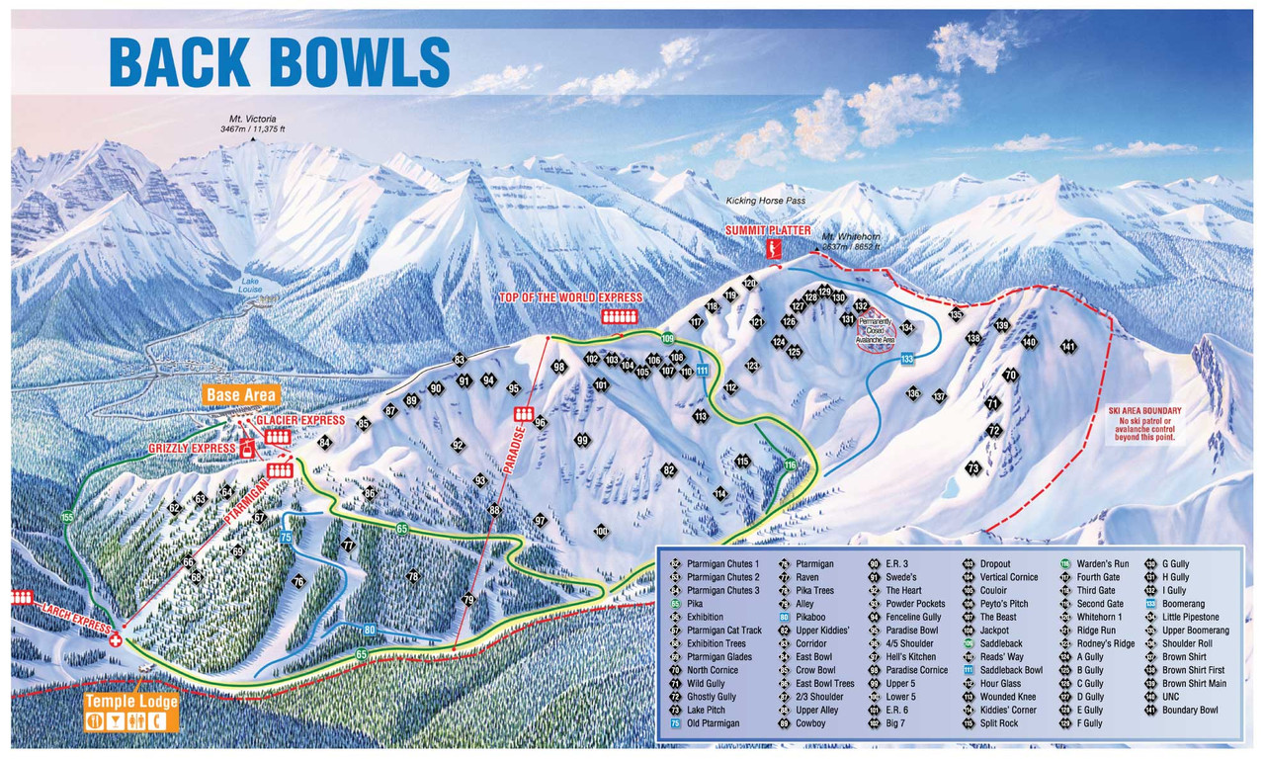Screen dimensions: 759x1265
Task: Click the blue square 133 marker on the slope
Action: pos(906,360)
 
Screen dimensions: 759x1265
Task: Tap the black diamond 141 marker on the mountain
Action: pos(1067,347)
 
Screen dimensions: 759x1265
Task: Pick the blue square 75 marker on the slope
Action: pos(286,537)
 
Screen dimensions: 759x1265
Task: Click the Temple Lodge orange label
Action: pos(130,702)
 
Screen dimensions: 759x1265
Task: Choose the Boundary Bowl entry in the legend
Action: pos(1189,710)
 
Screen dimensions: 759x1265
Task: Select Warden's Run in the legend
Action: pos(1102,564)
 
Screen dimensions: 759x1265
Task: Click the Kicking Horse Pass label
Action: pos(763,202)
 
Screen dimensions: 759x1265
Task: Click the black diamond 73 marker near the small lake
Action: pos(973,468)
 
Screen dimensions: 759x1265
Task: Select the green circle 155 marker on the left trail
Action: pos(67,517)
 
